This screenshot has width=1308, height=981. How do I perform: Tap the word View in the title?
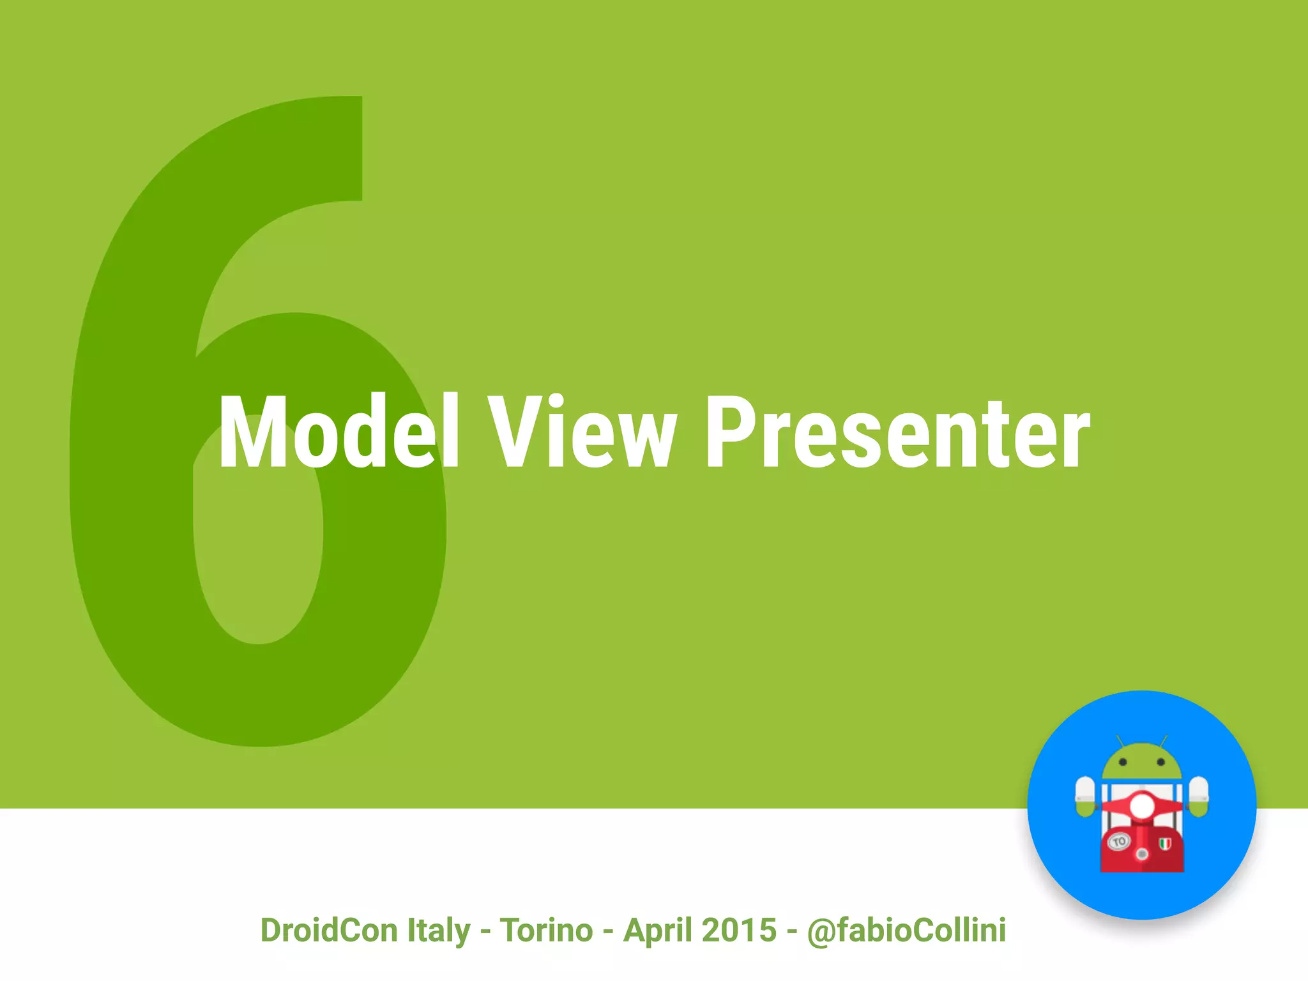(x=581, y=432)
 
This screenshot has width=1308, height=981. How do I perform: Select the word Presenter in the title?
(x=897, y=432)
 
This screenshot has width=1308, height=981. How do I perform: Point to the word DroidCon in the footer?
(x=328, y=930)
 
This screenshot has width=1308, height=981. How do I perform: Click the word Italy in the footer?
(x=438, y=930)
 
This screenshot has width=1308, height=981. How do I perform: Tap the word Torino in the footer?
(x=546, y=930)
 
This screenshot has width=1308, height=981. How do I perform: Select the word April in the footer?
(x=657, y=930)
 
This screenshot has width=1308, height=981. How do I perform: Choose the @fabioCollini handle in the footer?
(x=906, y=930)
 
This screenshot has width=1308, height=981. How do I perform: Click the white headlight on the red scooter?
(x=1142, y=806)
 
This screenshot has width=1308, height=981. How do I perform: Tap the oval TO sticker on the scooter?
(x=1118, y=842)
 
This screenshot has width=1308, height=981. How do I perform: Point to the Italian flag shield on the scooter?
(x=1165, y=844)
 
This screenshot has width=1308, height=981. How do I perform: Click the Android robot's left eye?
(x=1123, y=763)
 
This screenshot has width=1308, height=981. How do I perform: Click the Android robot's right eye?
(x=1161, y=763)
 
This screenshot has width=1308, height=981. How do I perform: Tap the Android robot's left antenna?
(x=1120, y=741)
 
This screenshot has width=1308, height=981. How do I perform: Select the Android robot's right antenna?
(x=1164, y=741)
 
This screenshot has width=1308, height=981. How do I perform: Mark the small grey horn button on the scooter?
(x=1142, y=854)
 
